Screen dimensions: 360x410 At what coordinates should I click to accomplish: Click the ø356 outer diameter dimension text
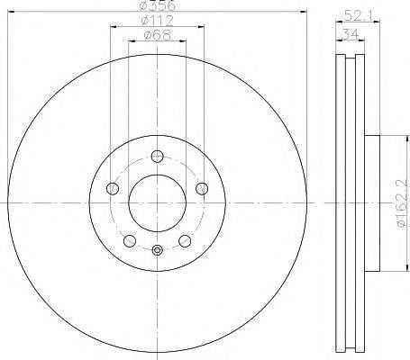(x=158, y=7)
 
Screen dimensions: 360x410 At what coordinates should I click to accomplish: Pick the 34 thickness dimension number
(x=350, y=35)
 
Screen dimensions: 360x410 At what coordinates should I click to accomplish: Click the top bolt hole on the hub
(x=158, y=154)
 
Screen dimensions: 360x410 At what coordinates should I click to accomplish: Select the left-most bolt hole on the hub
(x=112, y=188)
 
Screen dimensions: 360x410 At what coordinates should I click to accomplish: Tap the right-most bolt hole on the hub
(x=204, y=188)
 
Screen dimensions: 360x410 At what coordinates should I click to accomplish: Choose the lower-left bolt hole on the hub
(x=129, y=240)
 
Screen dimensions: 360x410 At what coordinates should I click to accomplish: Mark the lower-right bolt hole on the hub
(x=186, y=240)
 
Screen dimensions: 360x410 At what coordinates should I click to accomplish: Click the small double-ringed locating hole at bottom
(x=158, y=251)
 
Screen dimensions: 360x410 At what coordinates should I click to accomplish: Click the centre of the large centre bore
(x=158, y=202)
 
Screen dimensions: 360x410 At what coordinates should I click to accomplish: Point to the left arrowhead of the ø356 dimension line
(x=11, y=13)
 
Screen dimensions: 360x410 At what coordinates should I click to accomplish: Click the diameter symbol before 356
(x=143, y=7)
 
